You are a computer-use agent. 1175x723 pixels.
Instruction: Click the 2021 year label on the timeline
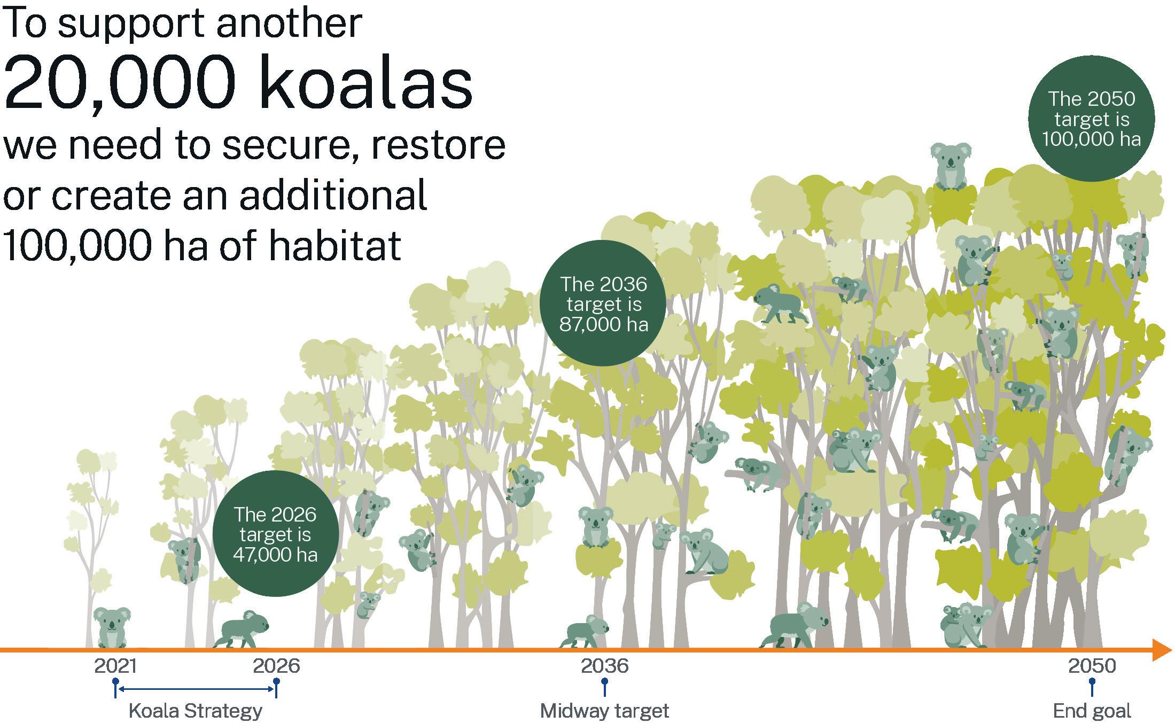tap(115, 666)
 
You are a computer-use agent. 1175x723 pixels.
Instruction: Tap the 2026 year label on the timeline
tap(276, 666)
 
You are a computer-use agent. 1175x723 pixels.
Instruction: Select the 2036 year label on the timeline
tap(604, 666)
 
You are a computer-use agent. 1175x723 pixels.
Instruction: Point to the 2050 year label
tap(1092, 666)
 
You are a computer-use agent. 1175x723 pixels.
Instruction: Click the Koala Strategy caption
tap(196, 711)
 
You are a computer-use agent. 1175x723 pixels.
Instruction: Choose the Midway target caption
tap(604, 711)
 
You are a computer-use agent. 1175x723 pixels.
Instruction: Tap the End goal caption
tap(1092, 711)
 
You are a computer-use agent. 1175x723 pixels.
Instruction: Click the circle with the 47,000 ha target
tap(276, 533)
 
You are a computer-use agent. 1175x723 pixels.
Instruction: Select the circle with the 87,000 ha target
tap(603, 303)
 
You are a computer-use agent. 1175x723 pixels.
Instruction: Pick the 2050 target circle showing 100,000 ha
tap(1091, 119)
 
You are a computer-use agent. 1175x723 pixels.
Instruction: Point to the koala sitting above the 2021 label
tap(112, 627)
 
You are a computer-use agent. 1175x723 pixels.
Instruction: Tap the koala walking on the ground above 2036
tap(585, 631)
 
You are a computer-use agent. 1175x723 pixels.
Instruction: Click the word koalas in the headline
tap(367, 83)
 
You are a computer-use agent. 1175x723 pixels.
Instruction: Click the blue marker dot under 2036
tap(604, 682)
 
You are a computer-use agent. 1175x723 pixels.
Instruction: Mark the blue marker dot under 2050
tap(1092, 682)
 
